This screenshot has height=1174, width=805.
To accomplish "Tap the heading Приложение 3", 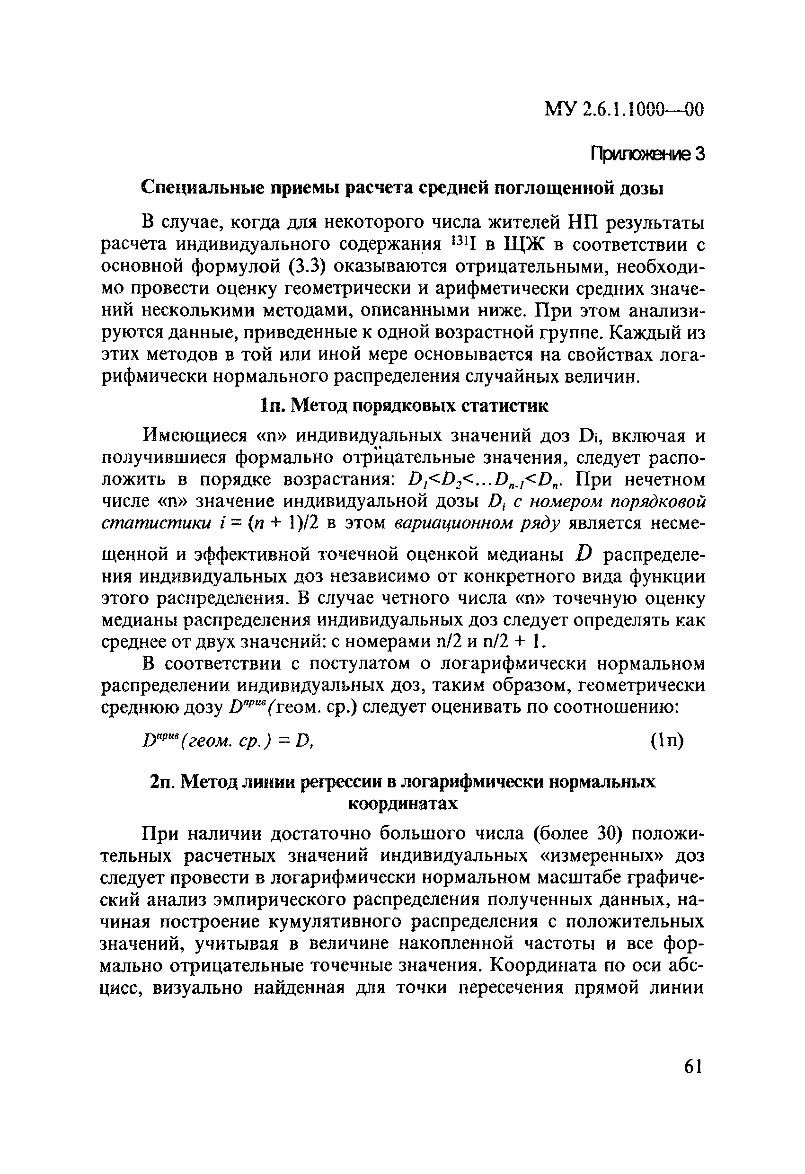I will pos(647,153).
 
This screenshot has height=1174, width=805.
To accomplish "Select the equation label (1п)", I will pos(666,741).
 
